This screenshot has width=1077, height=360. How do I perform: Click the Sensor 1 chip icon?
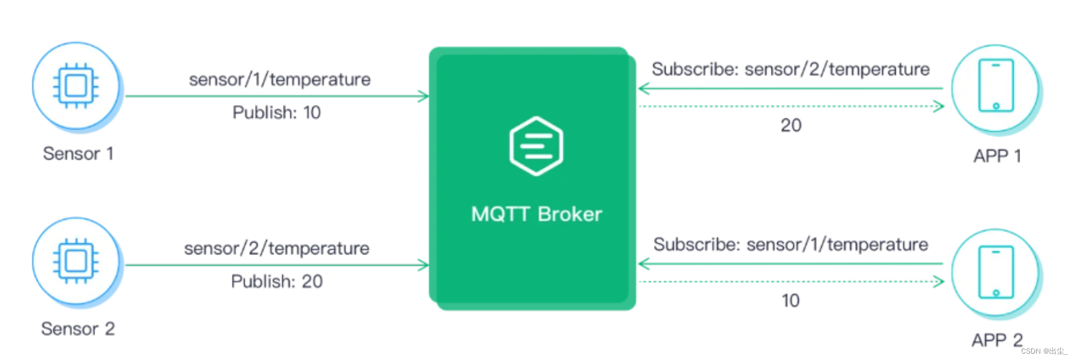(x=76, y=86)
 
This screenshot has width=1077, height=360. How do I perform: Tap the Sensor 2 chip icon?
(x=76, y=261)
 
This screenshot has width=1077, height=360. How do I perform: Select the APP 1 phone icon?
(x=996, y=86)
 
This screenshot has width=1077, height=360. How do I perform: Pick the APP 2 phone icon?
(x=996, y=272)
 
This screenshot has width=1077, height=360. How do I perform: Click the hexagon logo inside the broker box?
(x=536, y=146)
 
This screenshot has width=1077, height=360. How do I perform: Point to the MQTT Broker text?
(x=536, y=214)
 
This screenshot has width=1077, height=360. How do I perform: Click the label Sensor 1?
(x=78, y=154)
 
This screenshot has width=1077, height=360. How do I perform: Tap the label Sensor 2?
(x=78, y=329)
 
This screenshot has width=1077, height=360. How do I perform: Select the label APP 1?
(x=997, y=156)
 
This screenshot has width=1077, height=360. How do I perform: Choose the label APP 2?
(x=997, y=340)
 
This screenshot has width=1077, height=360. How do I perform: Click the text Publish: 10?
(x=277, y=113)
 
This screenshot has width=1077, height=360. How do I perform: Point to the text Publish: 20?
(x=277, y=282)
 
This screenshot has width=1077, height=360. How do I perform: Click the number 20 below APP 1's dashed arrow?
(x=791, y=125)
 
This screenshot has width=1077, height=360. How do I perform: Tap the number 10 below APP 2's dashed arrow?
(x=791, y=301)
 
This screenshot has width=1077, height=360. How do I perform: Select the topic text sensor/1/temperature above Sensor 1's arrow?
(x=279, y=80)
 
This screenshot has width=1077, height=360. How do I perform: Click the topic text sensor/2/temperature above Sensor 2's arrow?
(x=277, y=249)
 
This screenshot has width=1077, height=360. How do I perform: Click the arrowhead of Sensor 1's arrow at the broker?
(x=424, y=96)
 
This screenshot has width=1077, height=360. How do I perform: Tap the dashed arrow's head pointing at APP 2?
(x=939, y=282)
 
